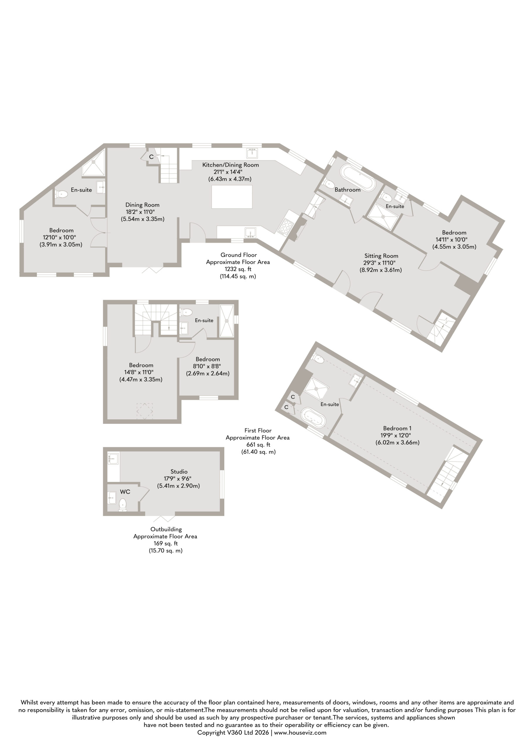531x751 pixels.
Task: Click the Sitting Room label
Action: click(381, 256)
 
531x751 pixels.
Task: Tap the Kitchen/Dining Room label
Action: click(230, 165)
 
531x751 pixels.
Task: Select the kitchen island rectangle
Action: click(232, 197)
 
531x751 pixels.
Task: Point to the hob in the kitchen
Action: click(286, 226)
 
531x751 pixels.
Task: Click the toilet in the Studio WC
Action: click(123, 504)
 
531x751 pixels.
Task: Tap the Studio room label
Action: click(179, 471)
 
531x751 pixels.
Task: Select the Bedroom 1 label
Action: click(397, 428)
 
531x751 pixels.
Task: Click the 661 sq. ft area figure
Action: click(258, 444)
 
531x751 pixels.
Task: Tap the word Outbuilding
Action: click(166, 529)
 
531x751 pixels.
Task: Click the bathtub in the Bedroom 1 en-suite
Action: click(313, 417)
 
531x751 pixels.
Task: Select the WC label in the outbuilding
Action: click(125, 492)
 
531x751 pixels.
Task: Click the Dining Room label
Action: click(142, 205)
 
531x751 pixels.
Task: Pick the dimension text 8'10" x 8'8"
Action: click(207, 366)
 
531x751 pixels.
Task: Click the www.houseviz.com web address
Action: click(300, 732)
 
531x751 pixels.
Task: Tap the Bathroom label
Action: click(347, 190)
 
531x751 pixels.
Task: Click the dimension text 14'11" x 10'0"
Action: click(451, 239)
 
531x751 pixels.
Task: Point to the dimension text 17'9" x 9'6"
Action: click(178, 478)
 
